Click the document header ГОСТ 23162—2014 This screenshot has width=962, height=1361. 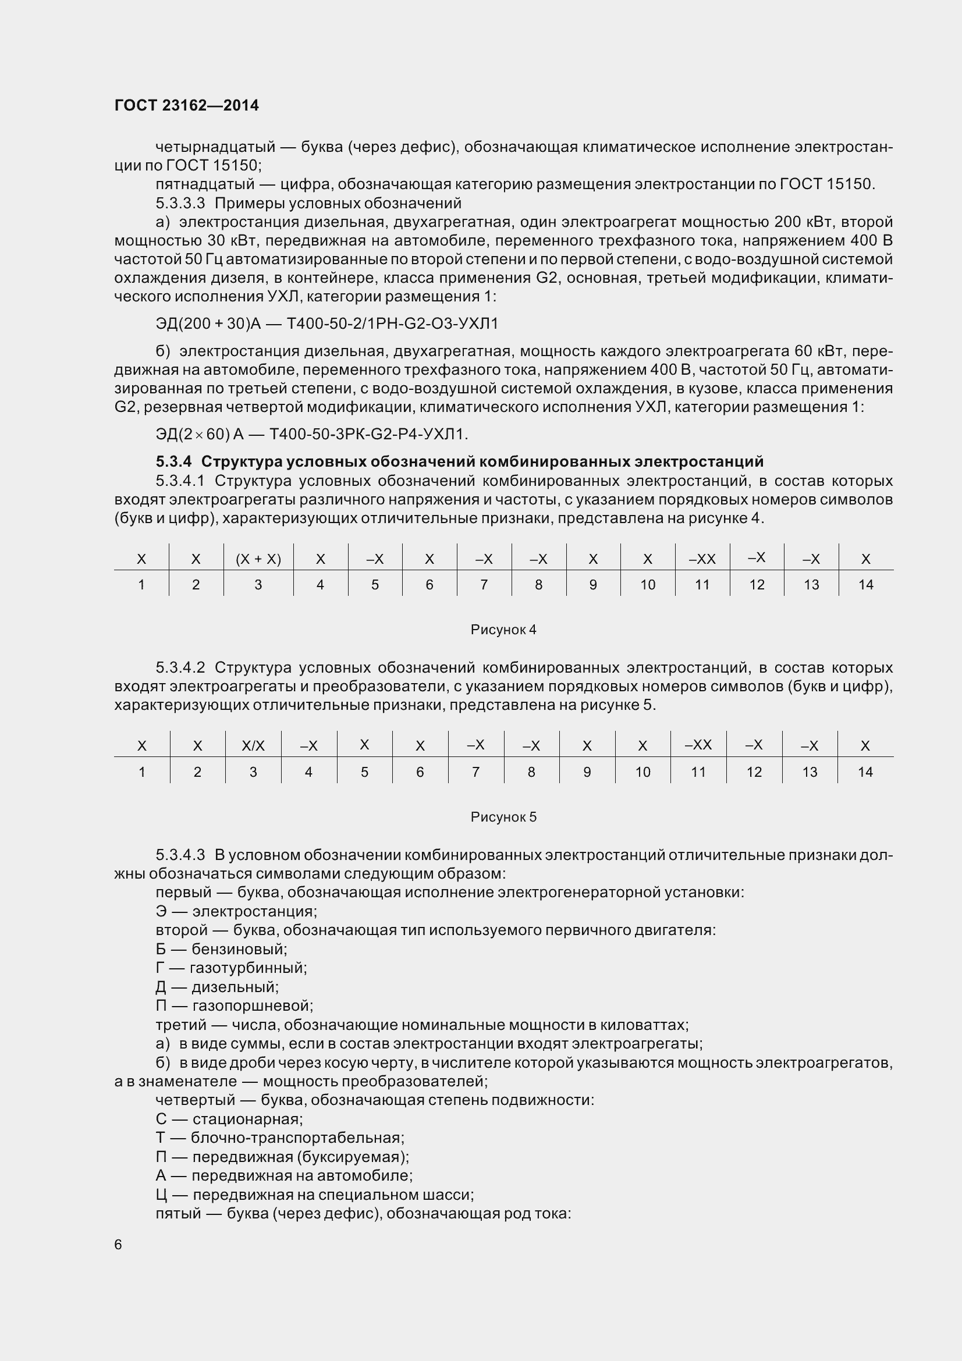click(187, 105)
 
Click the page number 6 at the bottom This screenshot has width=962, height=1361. click(118, 1244)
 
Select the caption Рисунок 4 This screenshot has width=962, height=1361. click(503, 630)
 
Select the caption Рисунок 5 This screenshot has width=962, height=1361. click(503, 817)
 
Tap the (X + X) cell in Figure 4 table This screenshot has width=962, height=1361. click(258, 559)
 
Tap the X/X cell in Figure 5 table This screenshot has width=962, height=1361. click(253, 746)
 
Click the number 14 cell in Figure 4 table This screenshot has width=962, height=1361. click(865, 584)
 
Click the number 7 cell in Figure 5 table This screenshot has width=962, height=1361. click(475, 772)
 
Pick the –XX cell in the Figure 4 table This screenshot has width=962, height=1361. click(702, 559)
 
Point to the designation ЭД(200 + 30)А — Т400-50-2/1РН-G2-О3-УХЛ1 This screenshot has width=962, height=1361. click(326, 324)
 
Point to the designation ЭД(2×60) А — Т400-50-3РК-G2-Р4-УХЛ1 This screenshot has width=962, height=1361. click(312, 435)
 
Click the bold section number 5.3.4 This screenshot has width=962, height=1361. click(173, 461)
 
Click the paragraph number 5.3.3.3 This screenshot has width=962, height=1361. click(180, 203)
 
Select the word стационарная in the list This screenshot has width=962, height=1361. click(247, 1119)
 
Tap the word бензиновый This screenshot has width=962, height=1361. click(239, 949)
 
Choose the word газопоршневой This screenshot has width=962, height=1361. click(253, 1006)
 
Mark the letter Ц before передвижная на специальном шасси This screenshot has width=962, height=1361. click(161, 1195)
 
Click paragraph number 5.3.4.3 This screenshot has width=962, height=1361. click(180, 855)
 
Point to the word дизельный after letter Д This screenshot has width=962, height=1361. click(235, 987)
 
